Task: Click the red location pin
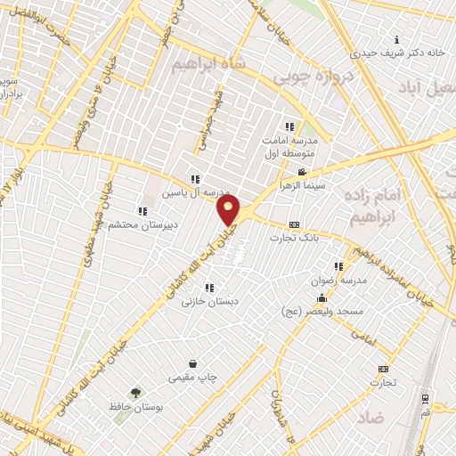pos(230,211)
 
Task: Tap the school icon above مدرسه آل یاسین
pos(195,179)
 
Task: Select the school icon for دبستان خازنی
pos(209,288)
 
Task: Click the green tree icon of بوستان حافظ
pos(136,392)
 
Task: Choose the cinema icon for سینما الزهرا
pos(302,172)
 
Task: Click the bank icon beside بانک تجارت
pos(295,224)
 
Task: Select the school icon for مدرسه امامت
pos(289,126)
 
